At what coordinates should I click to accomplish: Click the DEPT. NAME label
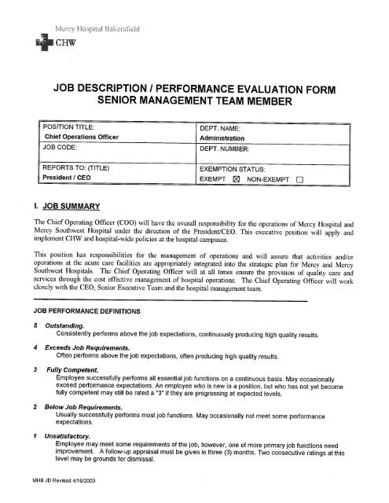pyautogui.click(x=228, y=127)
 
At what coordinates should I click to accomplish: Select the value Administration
pyautogui.click(x=232, y=137)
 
